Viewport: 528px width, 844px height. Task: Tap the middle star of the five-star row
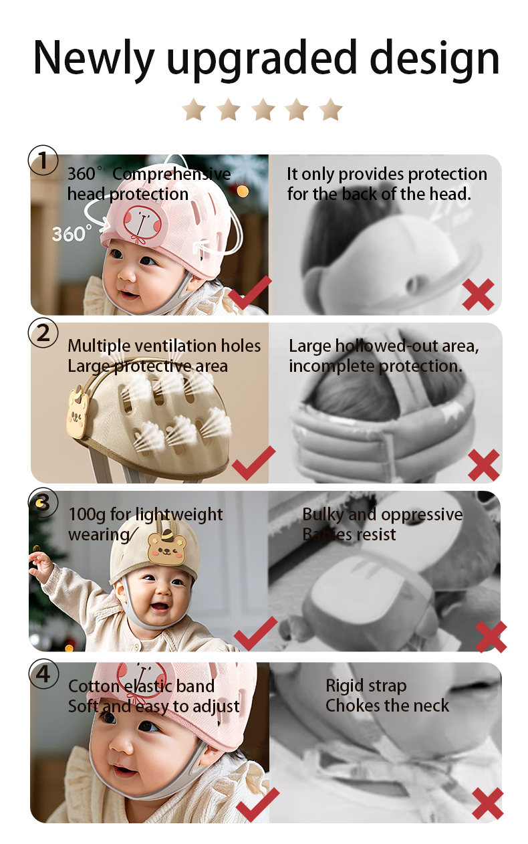coord(263,109)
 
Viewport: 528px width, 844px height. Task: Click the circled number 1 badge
coord(43,161)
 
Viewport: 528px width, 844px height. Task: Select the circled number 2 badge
coord(43,332)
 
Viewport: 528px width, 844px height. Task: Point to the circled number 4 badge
coord(43,675)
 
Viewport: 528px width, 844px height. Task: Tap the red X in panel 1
coord(478,294)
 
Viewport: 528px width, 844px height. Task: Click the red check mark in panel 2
coord(253,463)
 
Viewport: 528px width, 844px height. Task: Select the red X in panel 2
coord(483,465)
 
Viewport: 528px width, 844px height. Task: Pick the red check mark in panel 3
coord(255,633)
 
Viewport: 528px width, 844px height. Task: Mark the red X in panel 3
coord(491,637)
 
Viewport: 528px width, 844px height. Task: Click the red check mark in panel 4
coord(257,805)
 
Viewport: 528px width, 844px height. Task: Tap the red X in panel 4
coord(487,804)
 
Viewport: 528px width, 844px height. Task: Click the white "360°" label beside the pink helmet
coord(72,234)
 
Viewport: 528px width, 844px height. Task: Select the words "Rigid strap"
coord(366,685)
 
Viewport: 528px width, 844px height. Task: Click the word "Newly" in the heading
coord(94,59)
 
